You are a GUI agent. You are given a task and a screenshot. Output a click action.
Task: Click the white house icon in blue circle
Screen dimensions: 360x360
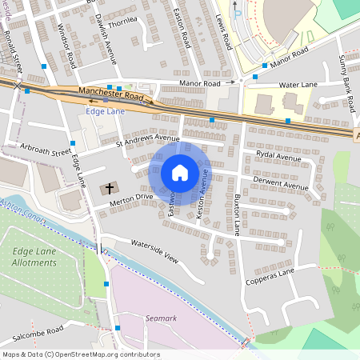[x=180, y=173]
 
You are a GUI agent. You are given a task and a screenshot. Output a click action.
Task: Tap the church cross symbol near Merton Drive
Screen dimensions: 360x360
[x=107, y=189]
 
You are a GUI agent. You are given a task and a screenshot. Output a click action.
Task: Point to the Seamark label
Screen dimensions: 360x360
[x=158, y=318]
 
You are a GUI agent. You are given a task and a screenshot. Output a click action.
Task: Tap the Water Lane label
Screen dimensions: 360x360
[x=298, y=84]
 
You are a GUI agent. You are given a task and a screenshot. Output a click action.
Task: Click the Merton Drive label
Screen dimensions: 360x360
[x=132, y=197]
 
